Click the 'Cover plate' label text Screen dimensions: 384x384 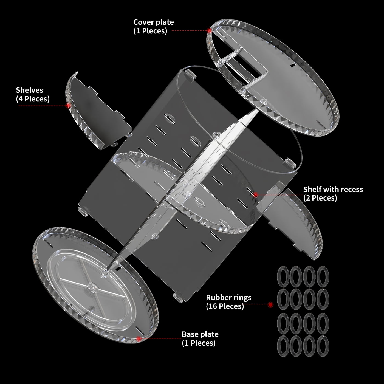click(153, 22)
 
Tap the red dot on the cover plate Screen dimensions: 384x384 click(209, 31)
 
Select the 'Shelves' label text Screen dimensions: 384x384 click(29, 90)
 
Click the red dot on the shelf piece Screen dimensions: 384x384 click(68, 105)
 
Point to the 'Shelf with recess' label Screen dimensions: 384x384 click(333, 189)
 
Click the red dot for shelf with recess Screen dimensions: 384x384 click(255, 195)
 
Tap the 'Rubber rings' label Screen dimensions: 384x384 click(228, 297)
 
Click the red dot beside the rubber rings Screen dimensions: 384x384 click(270, 304)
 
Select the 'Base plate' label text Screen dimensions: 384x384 click(200, 334)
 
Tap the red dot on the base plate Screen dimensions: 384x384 click(139, 339)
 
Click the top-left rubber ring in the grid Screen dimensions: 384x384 click(283, 276)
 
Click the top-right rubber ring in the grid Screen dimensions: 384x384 click(323, 276)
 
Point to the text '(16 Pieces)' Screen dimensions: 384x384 click(225, 306)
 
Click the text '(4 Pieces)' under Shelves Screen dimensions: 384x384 click(33, 99)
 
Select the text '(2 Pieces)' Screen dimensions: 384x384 click(320, 198)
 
